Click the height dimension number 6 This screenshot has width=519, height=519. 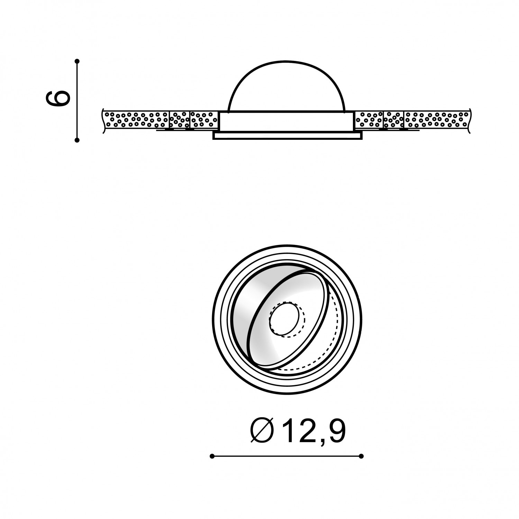coord(58,99)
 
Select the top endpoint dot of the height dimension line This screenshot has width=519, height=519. coord(77,61)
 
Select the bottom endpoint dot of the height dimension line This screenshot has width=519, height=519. coord(77,140)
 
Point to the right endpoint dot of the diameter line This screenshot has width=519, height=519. coord(362,456)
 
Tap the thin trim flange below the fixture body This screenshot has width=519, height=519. coord(288,136)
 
